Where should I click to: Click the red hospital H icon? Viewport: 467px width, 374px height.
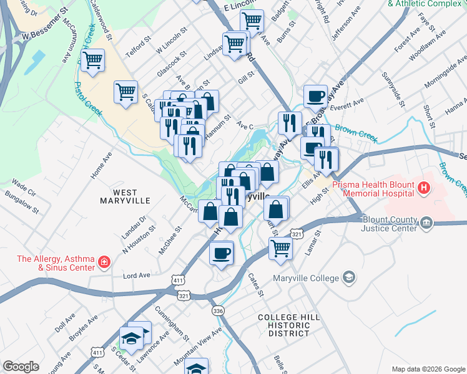(425, 186)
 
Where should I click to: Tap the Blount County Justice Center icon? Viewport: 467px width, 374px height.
(426, 223)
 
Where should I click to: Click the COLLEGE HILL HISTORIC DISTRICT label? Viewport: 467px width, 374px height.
(289, 325)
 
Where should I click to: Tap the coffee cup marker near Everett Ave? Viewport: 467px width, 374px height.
(316, 96)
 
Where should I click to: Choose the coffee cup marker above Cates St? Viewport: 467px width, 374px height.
(222, 253)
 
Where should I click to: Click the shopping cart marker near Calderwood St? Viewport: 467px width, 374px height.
(92, 60)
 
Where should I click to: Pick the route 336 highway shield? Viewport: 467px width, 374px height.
(217, 310)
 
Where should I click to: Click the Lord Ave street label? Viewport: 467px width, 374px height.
(137, 275)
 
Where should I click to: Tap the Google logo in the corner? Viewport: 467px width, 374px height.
(21, 366)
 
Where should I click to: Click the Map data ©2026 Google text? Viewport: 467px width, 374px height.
(428, 368)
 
